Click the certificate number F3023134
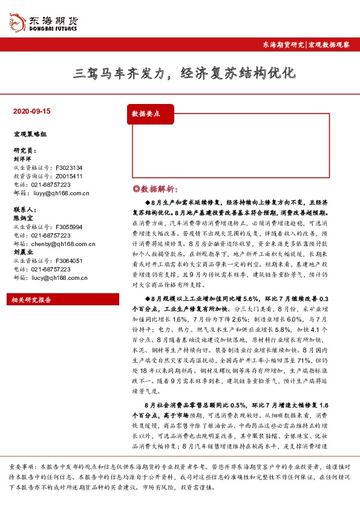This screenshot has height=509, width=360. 69,167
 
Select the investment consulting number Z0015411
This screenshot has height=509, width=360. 69,176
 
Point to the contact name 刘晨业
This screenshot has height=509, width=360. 22,253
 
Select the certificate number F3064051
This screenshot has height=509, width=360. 69,261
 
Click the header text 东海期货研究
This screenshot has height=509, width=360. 283,45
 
